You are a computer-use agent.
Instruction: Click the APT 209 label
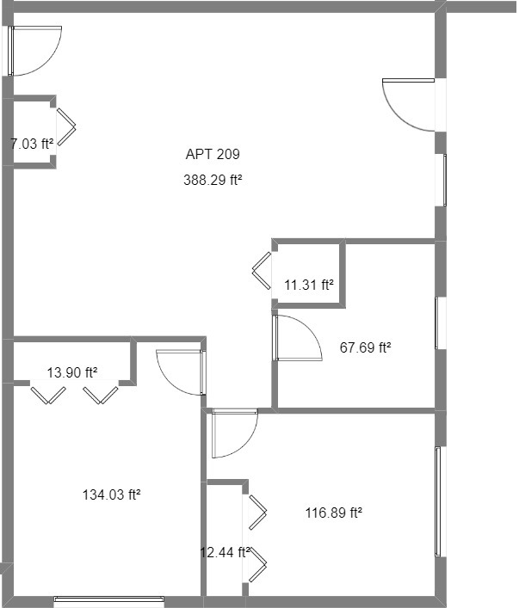coord(213,155)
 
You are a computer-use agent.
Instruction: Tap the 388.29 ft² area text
coord(213,181)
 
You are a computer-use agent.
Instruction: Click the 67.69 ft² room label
coord(365,348)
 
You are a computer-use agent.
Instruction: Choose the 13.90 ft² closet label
coord(71,372)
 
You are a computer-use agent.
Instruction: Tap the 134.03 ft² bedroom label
coord(111,494)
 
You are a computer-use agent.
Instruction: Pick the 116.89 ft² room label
coord(333,513)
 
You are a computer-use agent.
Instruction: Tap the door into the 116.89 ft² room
coord(233,434)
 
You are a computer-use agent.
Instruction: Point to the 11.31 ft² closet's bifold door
coord(263,269)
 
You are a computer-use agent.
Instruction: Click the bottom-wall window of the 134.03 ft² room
coord(109,599)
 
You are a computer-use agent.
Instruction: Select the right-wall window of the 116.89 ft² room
coord(439,501)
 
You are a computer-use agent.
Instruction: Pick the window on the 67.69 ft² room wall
coord(438,322)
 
